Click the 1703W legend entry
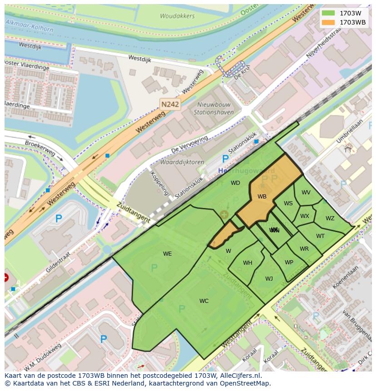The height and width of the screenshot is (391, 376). point(344,13)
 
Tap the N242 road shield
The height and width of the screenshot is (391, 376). point(170,104)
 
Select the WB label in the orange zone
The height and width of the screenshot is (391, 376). point(262,197)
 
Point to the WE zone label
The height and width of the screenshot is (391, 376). point(168,254)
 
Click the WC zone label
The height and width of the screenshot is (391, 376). point(204,301)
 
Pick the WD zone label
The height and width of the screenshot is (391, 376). point(235,183)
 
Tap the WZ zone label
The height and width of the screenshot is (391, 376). point(330,218)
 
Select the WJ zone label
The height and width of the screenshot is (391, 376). point(269,279)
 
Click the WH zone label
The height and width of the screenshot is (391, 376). point(247,263)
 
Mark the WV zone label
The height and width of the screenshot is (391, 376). point(306,193)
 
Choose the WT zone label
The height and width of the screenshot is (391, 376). point(321,236)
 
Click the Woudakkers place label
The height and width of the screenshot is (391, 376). point(177,16)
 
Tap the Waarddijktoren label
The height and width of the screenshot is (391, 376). point(182,162)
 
